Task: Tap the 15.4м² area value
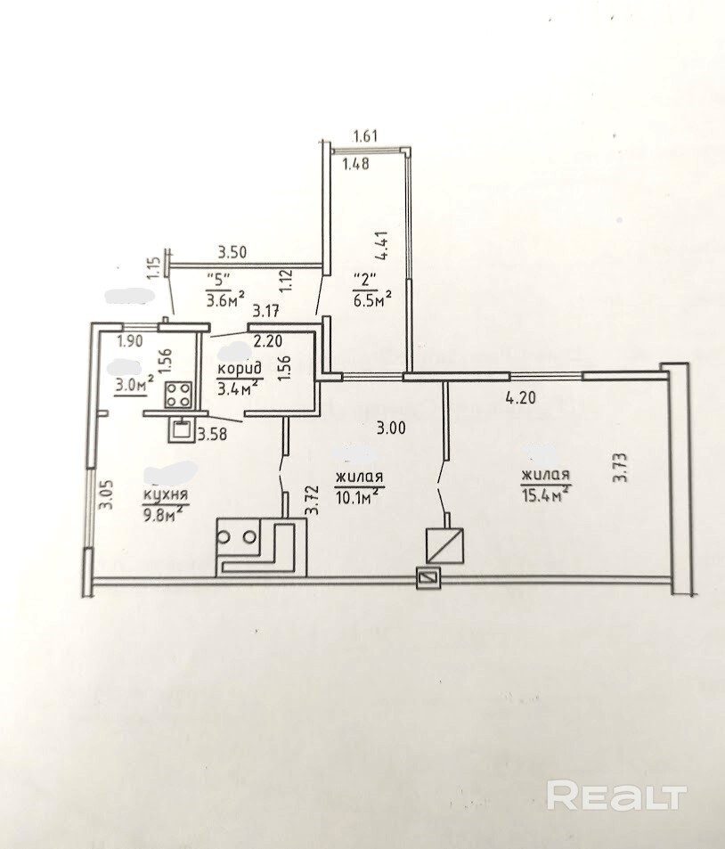(546, 494)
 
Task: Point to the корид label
(240, 369)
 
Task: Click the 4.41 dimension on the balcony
(385, 247)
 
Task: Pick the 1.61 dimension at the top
(365, 135)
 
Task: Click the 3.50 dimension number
(232, 252)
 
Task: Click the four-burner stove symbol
(179, 394)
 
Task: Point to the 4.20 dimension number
(520, 398)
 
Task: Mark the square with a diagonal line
(444, 546)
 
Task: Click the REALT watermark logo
(616, 795)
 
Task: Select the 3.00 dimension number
(391, 429)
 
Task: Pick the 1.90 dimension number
(130, 341)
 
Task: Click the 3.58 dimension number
(212, 434)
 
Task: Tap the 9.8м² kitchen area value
(162, 513)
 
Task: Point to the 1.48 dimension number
(356, 163)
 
